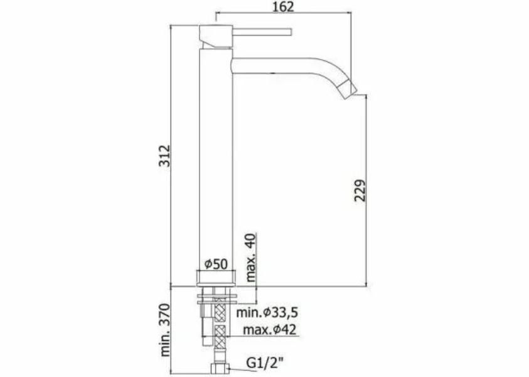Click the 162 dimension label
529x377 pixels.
(x=283, y=6)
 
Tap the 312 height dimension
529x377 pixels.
(x=165, y=155)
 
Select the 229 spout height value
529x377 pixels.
(x=360, y=190)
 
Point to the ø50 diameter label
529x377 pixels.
(x=216, y=264)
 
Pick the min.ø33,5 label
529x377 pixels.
(x=267, y=312)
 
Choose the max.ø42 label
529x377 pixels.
(x=270, y=329)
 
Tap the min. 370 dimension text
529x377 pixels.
(x=165, y=330)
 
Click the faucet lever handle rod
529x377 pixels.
(x=262, y=32)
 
